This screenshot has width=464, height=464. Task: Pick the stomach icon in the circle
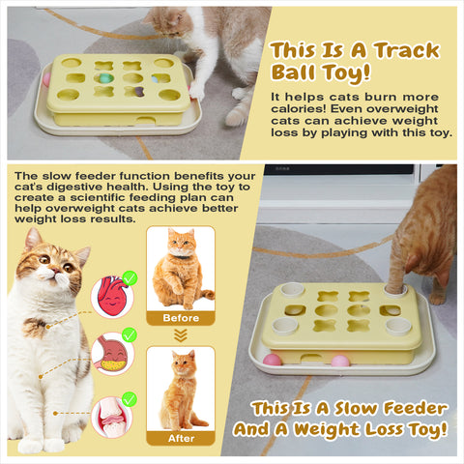[x=111, y=355]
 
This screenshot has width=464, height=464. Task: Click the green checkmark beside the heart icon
[x=130, y=277]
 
